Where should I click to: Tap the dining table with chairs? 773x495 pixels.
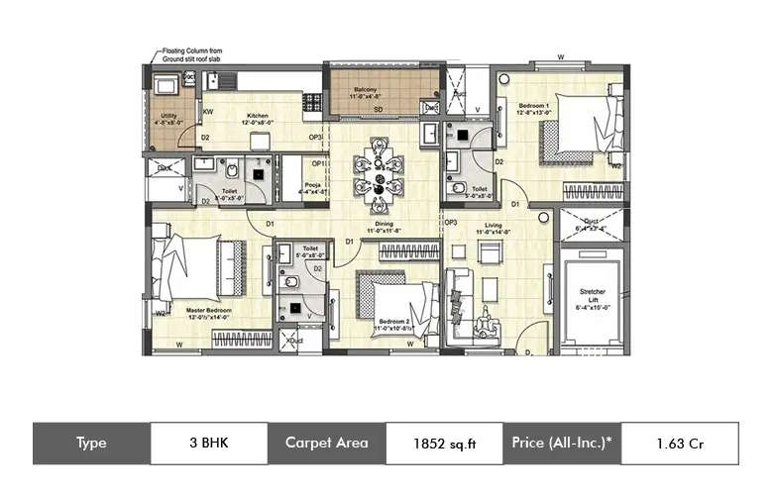pyautogui.click(x=380, y=174)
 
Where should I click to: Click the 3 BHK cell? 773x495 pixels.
pyautogui.click(x=208, y=444)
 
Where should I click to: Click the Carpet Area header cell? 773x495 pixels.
pyautogui.click(x=326, y=444)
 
